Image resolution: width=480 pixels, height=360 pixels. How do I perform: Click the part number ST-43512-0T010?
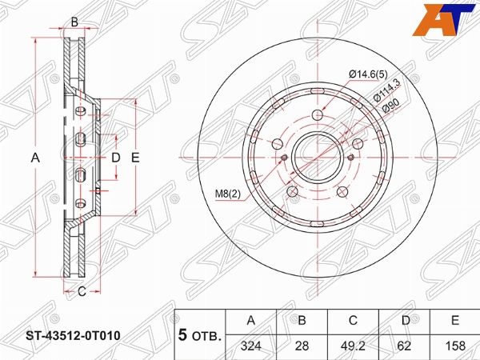click(73, 336)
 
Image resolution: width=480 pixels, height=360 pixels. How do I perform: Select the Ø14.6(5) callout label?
click(368, 74)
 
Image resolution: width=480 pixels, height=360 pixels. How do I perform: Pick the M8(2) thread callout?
click(228, 194)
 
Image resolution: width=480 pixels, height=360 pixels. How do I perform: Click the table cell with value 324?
click(251, 346)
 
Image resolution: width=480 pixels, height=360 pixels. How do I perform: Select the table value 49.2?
click(353, 346)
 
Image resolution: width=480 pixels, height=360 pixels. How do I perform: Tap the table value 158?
click(455, 346)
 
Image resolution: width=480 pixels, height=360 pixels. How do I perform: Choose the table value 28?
click(302, 346)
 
